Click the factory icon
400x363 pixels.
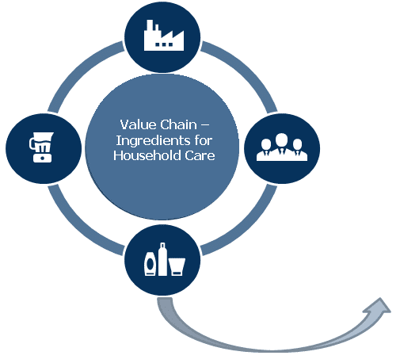[x=164, y=35]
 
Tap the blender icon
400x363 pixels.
[x=41, y=147]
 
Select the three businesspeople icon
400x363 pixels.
[x=282, y=147]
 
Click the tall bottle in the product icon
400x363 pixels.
[x=162, y=259]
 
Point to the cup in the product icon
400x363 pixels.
[x=177, y=267]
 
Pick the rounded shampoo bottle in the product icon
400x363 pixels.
[x=150, y=264]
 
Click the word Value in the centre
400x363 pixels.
[x=137, y=124]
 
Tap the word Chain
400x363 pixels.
[x=178, y=124]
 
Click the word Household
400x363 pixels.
[x=147, y=155]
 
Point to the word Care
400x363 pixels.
[x=200, y=155]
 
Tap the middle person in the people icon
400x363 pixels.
[x=282, y=145]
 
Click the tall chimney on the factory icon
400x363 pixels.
[x=150, y=29]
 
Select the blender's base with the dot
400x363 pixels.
[x=42, y=158]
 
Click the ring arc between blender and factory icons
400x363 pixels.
[x=78, y=70]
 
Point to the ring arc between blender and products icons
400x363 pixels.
[x=78, y=227]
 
